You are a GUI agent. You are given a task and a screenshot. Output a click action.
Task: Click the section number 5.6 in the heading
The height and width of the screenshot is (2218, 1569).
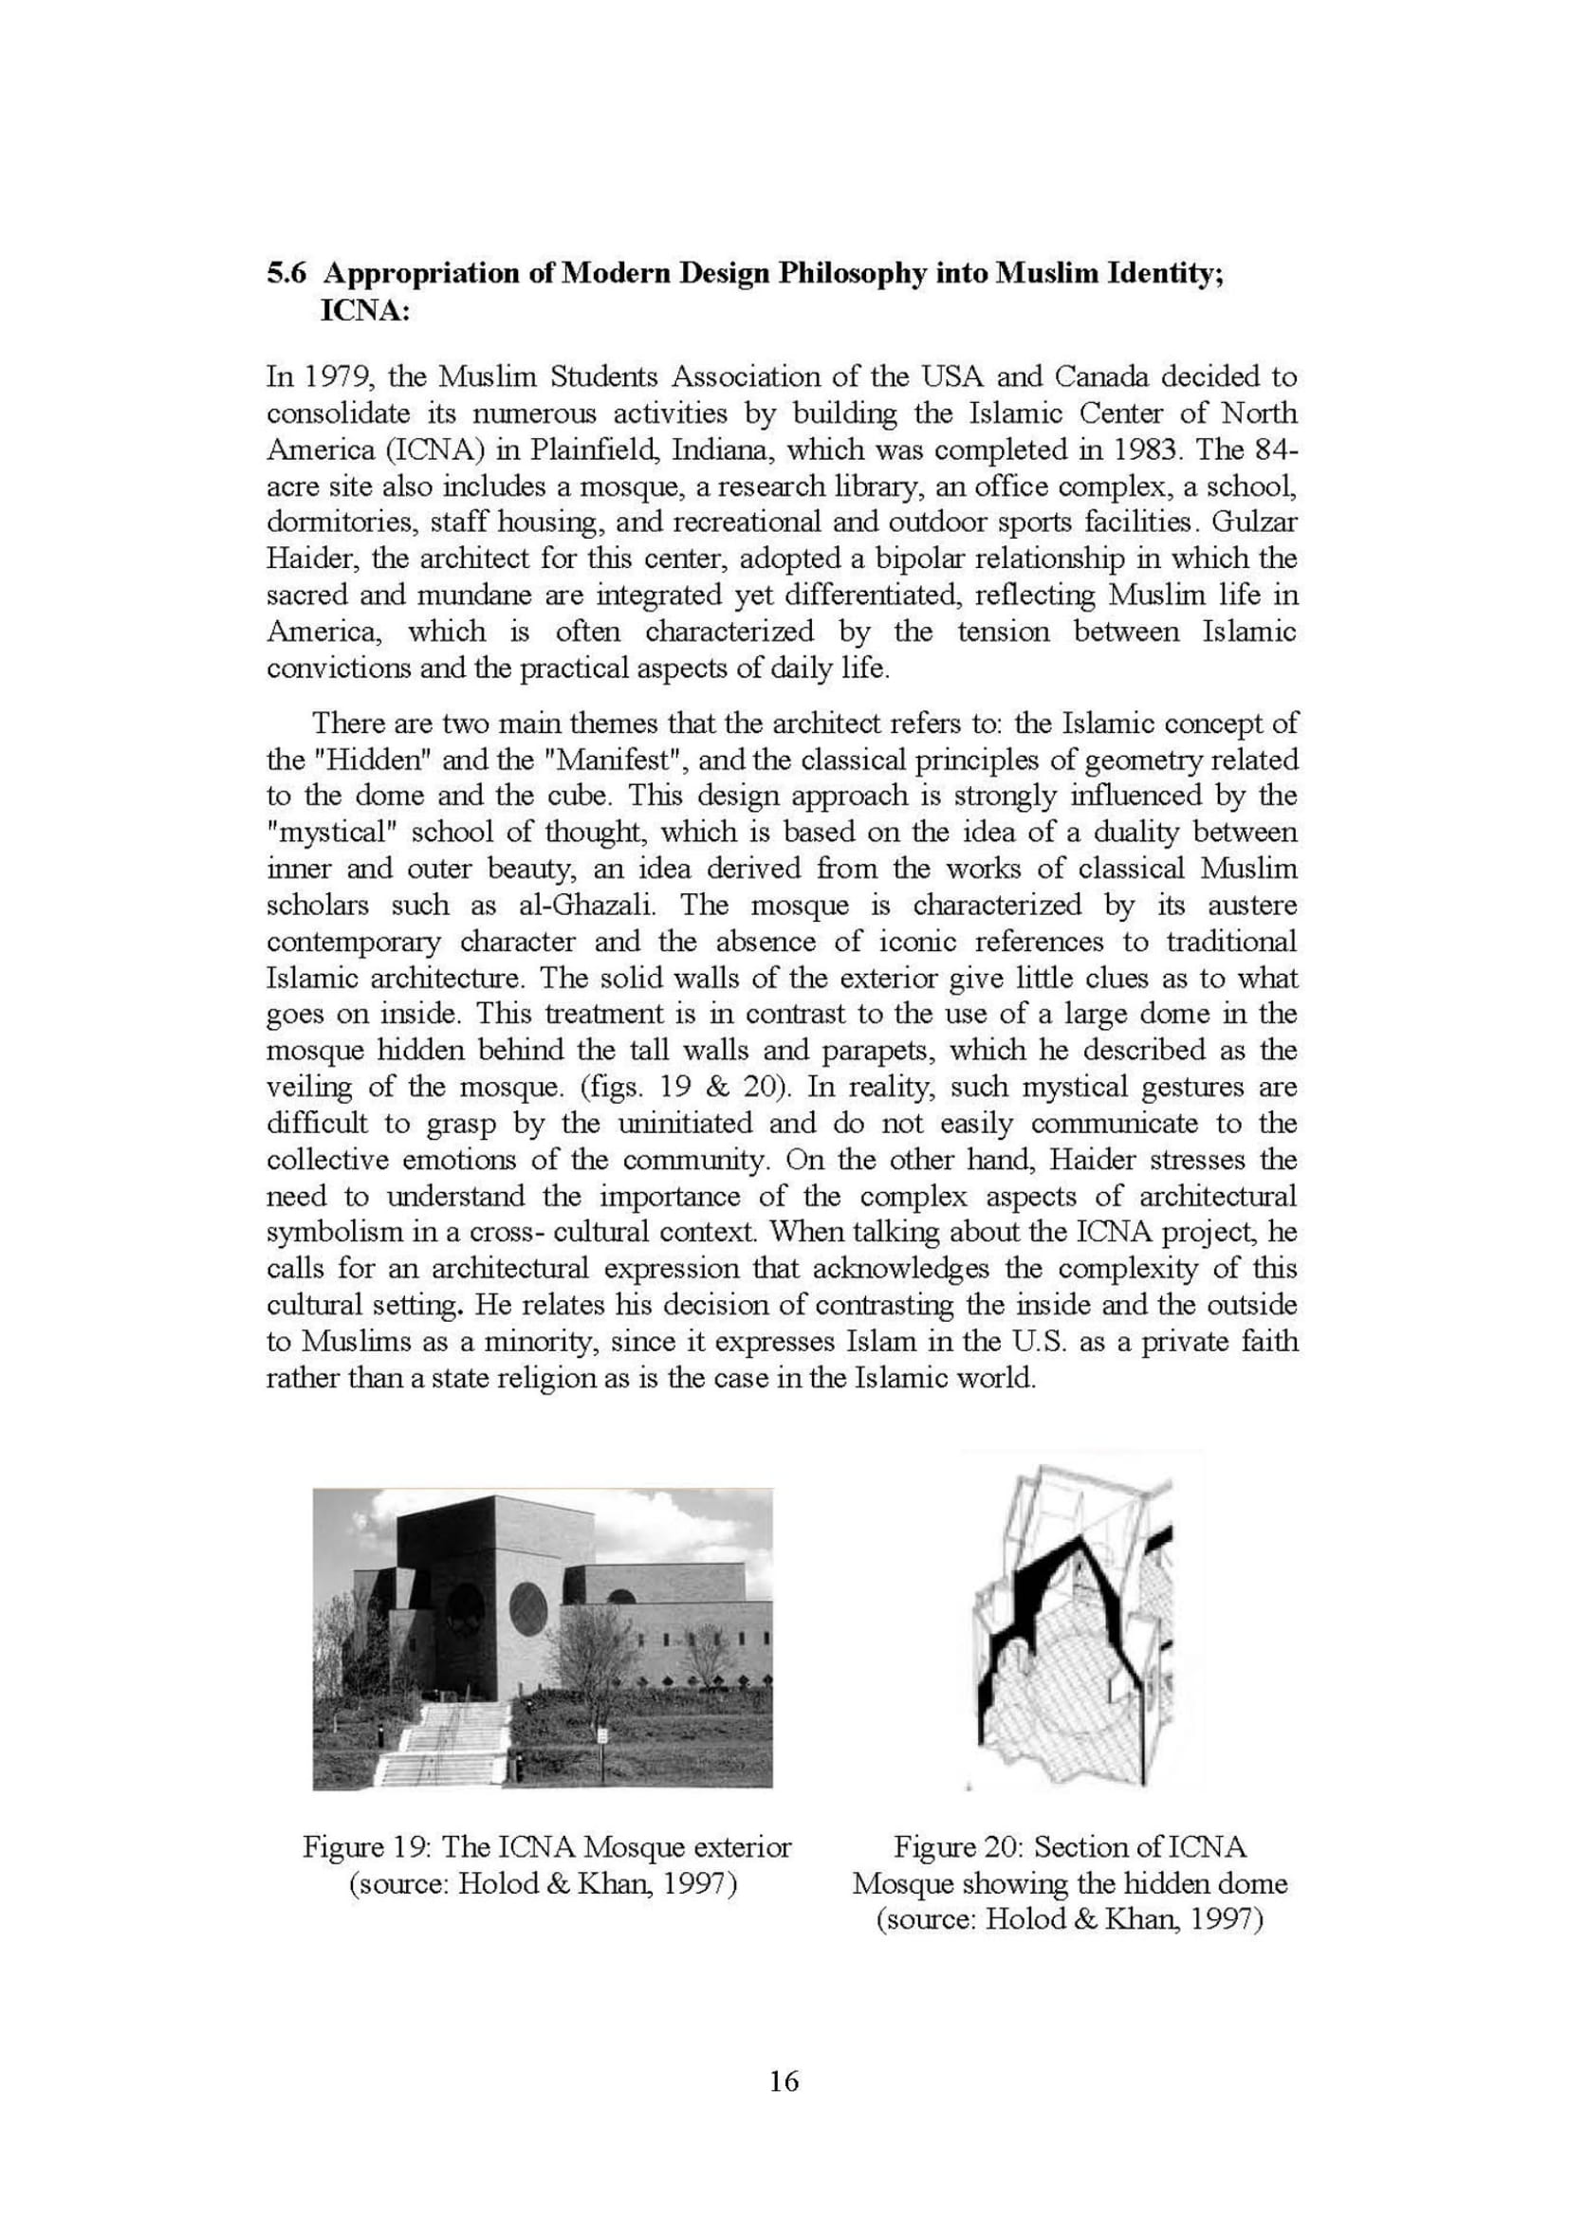[286, 273]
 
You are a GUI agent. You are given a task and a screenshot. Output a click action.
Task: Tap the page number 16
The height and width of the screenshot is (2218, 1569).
[784, 2081]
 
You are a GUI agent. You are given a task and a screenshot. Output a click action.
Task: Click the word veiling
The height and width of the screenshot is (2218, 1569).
[308, 1087]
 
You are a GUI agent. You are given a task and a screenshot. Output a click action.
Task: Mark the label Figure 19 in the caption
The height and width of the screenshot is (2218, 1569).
[366, 1847]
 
